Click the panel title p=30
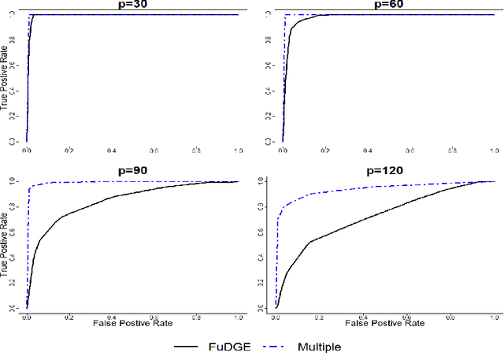(x=132, y=5)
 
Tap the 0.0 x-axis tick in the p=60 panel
(x=282, y=149)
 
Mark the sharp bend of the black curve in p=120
(x=310, y=242)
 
